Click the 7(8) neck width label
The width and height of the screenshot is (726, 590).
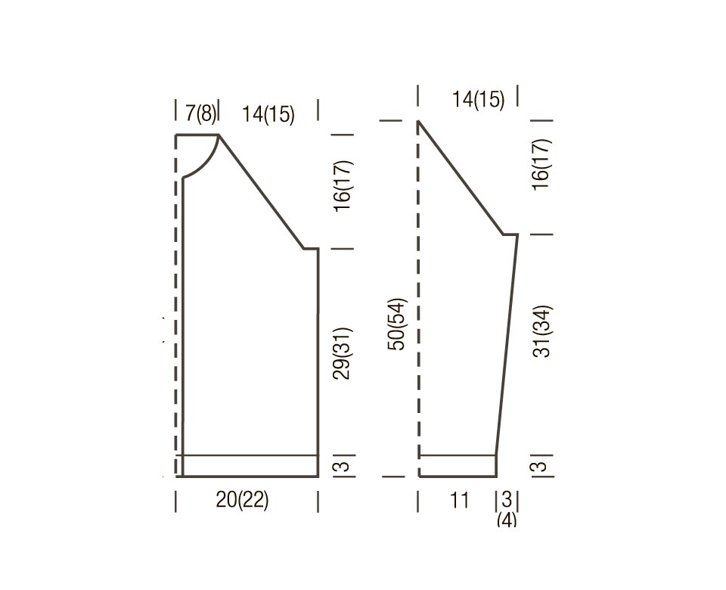200,113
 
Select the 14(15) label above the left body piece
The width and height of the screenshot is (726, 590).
268,114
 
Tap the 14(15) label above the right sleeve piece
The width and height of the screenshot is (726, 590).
478,99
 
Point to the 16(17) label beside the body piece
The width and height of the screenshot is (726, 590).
343,186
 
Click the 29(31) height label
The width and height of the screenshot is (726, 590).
343,354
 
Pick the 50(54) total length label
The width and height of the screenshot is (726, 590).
397,324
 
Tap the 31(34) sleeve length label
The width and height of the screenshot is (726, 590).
541,331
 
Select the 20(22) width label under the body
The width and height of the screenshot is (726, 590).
242,500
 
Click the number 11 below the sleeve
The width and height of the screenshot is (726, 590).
459,500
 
